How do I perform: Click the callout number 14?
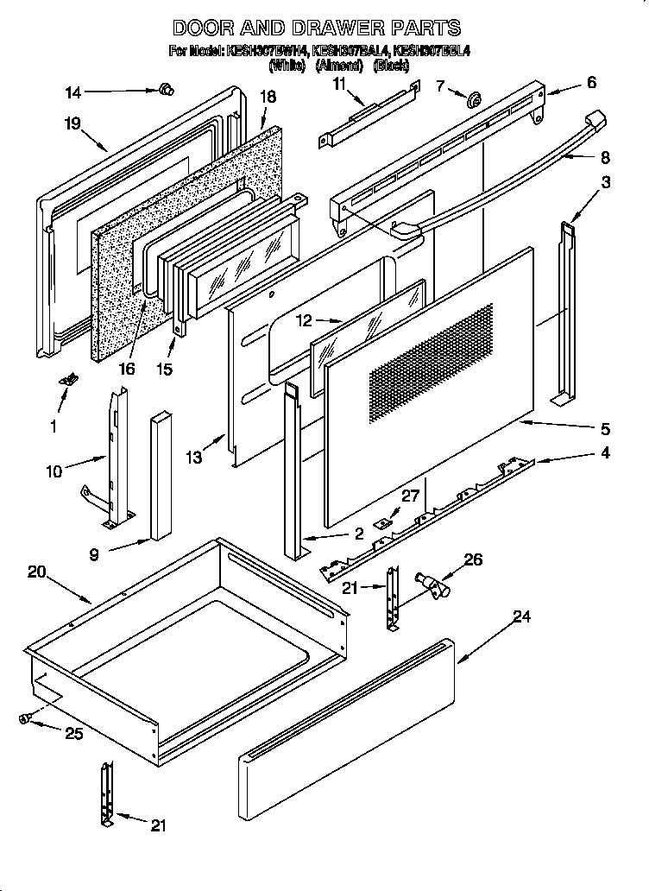point(73,92)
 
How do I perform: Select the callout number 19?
point(72,123)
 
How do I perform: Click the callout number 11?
point(338,84)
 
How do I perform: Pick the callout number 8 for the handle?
point(604,157)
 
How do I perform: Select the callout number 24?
point(520,616)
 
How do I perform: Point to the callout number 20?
point(36,571)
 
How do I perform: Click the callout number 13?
point(196,458)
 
